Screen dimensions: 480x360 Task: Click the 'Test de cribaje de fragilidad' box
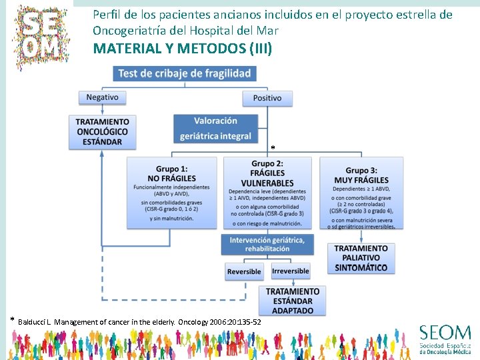coord(185,73)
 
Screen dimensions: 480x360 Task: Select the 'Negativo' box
coord(102,97)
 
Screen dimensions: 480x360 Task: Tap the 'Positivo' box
coord(267,98)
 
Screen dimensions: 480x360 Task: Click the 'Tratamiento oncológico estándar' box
coord(103,132)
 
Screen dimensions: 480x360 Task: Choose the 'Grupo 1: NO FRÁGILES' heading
coord(171,174)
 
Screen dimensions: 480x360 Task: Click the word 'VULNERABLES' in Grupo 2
coord(267,183)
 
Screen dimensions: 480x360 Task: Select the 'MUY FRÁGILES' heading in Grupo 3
coord(362,180)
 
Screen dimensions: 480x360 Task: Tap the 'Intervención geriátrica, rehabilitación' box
coord(267,244)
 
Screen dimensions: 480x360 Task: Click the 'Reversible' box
coord(244,271)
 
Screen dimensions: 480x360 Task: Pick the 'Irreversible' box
coord(291,271)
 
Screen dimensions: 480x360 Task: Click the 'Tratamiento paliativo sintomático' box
coord(361,258)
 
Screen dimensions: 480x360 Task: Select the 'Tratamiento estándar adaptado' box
coord(293,301)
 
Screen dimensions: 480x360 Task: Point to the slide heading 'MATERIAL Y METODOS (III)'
coord(183,49)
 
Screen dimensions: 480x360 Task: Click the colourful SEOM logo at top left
coord(45,33)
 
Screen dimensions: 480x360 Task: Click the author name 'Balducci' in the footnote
coord(32,323)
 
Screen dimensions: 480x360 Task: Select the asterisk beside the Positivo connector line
coord(272,147)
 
